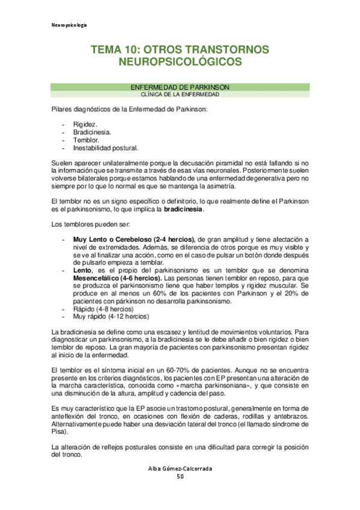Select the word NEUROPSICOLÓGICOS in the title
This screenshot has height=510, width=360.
pyautogui.click(x=180, y=63)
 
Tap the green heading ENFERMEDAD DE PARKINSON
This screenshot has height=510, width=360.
pyautogui.click(x=180, y=87)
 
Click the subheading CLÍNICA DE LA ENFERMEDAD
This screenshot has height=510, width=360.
pyautogui.click(x=180, y=95)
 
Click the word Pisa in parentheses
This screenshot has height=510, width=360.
pyautogui.click(x=58, y=432)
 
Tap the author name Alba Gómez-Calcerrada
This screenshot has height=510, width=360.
pyautogui.click(x=180, y=469)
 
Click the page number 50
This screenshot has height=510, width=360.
pyautogui.click(x=180, y=477)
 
